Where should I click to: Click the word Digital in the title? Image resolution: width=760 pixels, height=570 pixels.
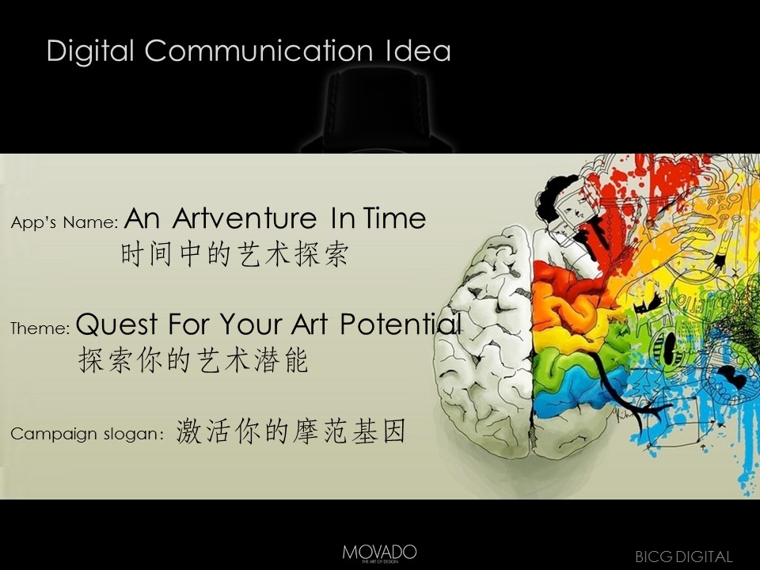pos(90,51)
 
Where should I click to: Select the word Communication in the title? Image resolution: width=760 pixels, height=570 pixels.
pos(259,50)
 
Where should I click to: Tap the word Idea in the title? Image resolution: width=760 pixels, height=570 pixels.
pos(418,50)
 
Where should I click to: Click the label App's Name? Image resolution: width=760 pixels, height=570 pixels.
pos(64,222)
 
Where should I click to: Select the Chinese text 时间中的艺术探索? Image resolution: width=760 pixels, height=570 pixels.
pos(234,254)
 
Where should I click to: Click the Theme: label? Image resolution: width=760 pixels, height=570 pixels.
pos(40,328)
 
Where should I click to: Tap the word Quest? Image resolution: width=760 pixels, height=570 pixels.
pos(117,324)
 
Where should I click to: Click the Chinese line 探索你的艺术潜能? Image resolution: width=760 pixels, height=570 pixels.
pos(193,360)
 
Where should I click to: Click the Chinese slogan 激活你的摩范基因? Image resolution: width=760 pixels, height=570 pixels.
pos(291,431)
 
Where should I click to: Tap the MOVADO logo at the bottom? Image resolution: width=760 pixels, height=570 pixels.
pos(379,553)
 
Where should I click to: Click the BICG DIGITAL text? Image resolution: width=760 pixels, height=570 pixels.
pos(683,557)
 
